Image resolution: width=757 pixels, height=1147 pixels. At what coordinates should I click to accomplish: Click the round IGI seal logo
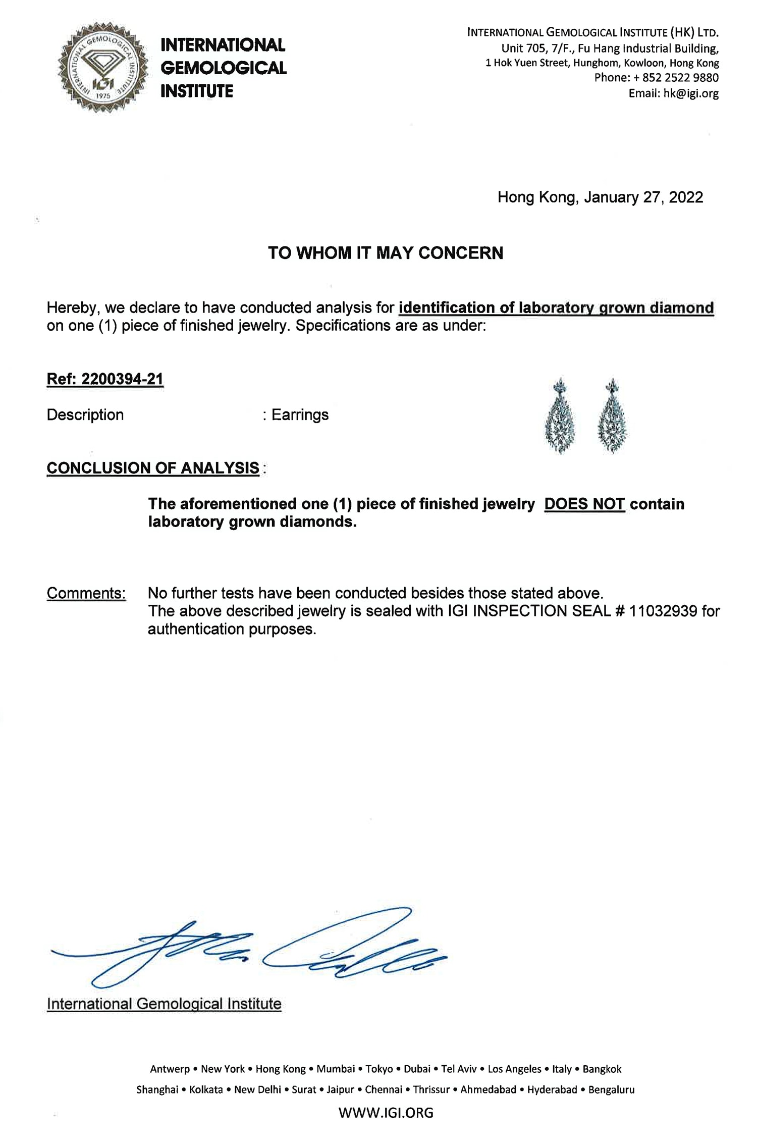tap(103, 68)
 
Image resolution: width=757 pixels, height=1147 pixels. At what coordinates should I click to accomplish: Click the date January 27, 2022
tap(643, 197)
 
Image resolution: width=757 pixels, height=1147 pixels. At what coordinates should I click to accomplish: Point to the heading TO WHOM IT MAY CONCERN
tap(386, 253)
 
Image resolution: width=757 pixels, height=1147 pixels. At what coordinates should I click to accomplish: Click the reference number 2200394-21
tap(122, 379)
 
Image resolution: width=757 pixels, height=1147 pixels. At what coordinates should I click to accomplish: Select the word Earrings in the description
tap(300, 415)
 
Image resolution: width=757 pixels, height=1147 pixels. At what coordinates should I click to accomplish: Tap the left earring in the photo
tap(560, 417)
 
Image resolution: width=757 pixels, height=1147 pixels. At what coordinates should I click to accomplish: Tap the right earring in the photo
tap(612, 417)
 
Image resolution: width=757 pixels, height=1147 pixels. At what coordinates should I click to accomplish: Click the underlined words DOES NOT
tap(584, 504)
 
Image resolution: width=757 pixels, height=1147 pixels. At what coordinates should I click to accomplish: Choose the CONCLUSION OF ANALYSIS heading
tap(153, 468)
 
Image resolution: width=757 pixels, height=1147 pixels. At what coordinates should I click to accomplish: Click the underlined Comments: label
tap(86, 593)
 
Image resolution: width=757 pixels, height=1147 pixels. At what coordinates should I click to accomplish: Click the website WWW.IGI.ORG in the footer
tap(386, 1113)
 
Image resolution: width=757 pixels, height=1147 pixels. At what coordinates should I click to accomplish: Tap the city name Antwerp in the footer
tap(170, 1069)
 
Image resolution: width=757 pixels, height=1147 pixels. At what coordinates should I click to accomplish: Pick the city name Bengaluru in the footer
tap(611, 1089)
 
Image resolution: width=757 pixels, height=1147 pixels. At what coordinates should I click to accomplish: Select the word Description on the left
tap(85, 415)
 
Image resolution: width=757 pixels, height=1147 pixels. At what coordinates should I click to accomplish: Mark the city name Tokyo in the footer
tap(379, 1069)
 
